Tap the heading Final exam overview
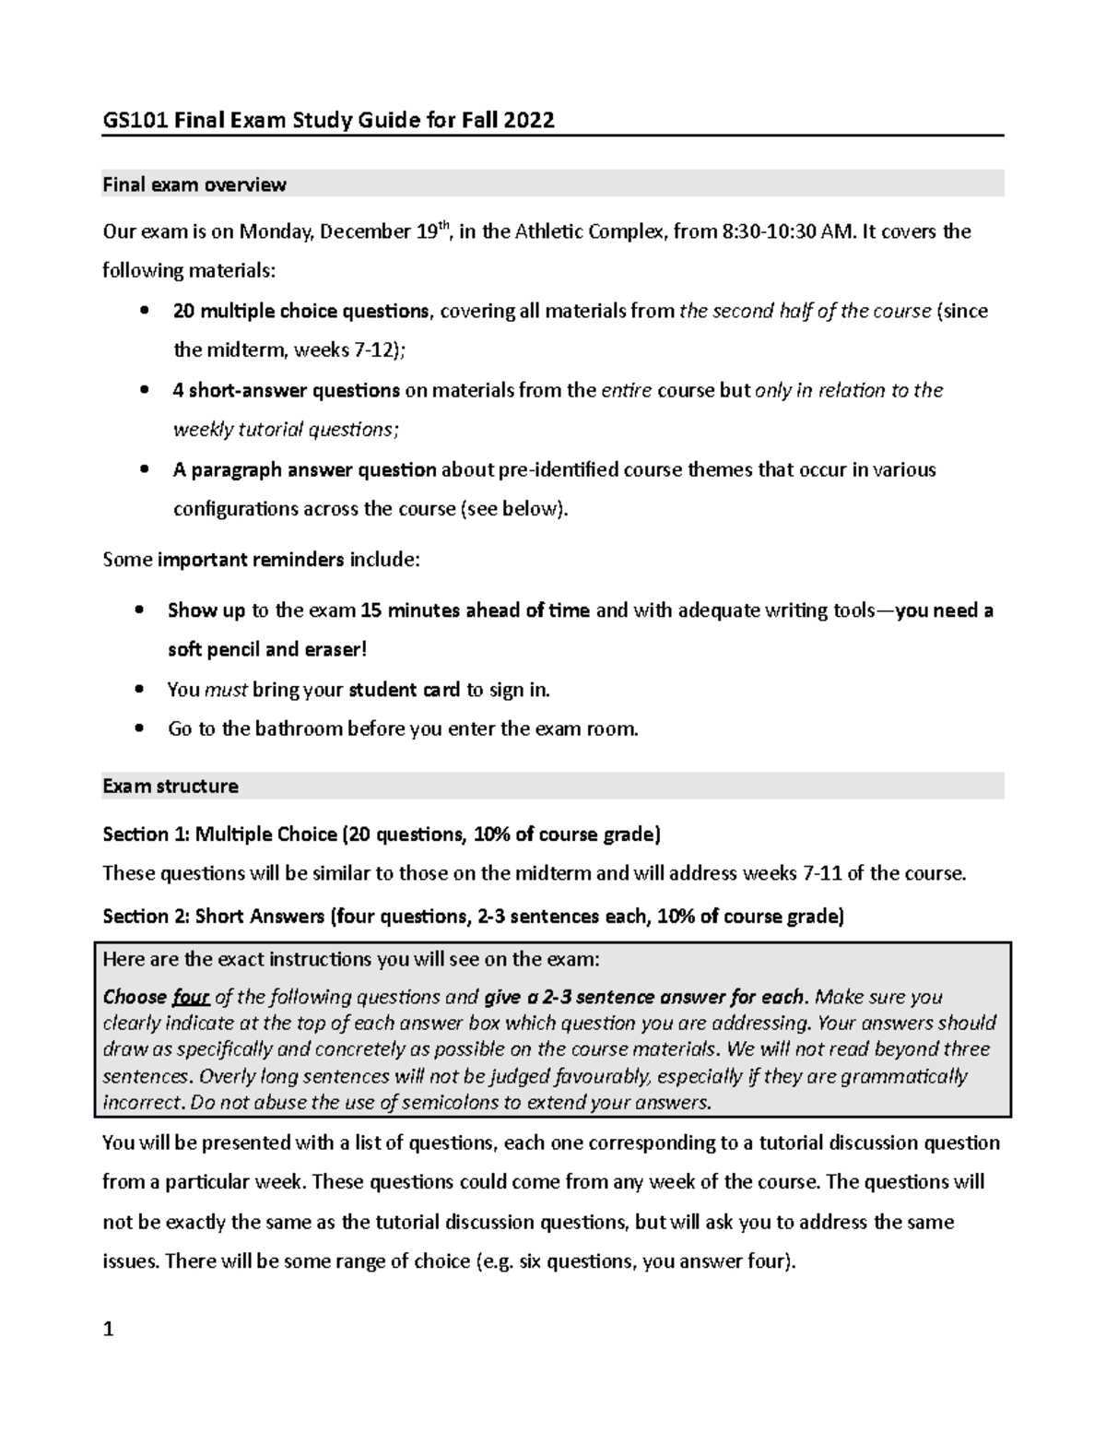pos(194,184)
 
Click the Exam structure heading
pos(170,786)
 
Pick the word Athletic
pos(556,231)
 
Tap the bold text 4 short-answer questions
pos(286,390)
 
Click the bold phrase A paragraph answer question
pos(304,469)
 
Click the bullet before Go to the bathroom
pos(138,728)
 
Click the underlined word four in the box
pos(191,997)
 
